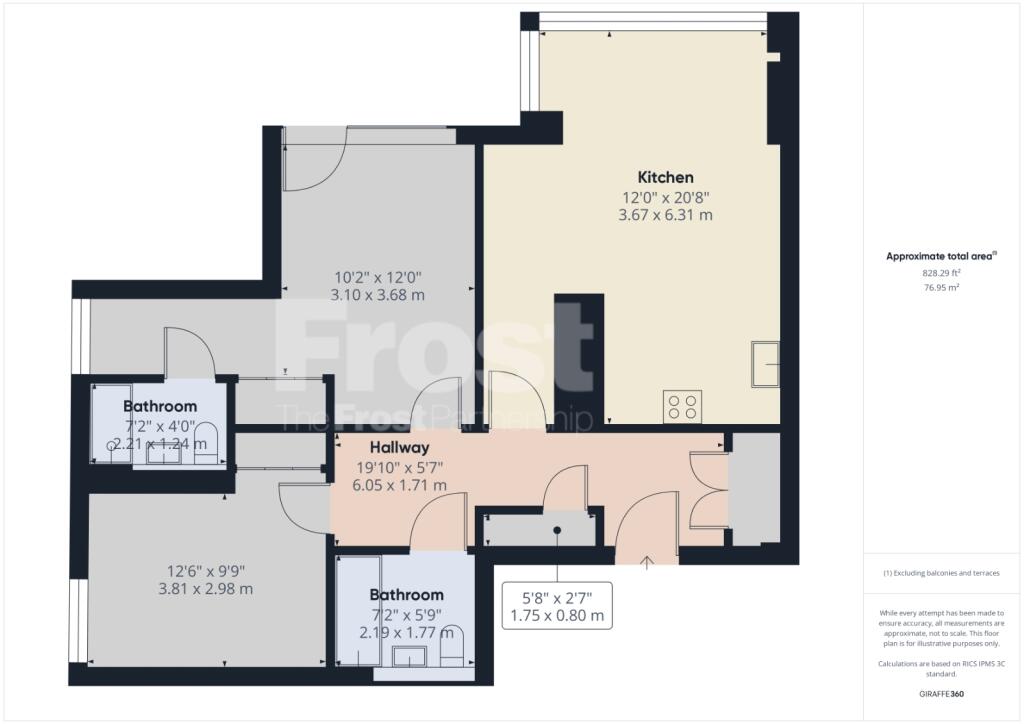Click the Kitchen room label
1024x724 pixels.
(x=665, y=177)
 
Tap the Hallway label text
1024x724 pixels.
(x=400, y=447)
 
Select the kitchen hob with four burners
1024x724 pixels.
(x=683, y=406)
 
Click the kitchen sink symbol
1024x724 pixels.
(x=765, y=364)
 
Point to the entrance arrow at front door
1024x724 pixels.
(x=647, y=561)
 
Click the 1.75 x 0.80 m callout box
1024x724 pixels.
(x=557, y=606)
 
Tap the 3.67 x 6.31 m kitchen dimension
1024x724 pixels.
(x=665, y=215)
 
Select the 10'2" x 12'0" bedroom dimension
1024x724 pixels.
(x=378, y=277)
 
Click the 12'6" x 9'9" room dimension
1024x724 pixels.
(x=206, y=571)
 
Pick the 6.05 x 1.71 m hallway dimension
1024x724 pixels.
(x=400, y=485)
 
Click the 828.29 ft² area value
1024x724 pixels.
(x=941, y=273)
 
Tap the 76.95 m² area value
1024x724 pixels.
(x=941, y=287)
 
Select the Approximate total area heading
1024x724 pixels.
(x=941, y=256)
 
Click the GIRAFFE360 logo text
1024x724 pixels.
(x=941, y=694)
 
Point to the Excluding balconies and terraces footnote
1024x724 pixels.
(x=941, y=573)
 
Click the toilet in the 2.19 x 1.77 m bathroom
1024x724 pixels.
(x=452, y=646)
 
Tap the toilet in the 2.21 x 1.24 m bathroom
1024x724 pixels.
(x=206, y=443)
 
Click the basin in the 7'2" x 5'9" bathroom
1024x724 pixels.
(x=409, y=655)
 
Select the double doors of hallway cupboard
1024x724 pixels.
(x=709, y=490)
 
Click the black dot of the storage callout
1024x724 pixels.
(x=557, y=530)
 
